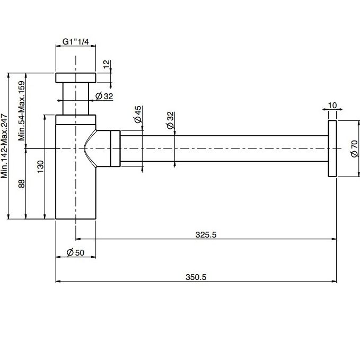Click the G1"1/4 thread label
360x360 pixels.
[x=75, y=41]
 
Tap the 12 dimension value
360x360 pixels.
[x=107, y=64]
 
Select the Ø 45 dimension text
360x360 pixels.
[x=137, y=115]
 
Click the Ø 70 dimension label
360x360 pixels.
[x=354, y=148]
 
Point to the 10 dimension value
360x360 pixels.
[x=332, y=106]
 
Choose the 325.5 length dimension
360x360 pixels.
[x=206, y=235]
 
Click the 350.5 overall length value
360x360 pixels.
[x=196, y=277]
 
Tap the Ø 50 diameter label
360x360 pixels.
[x=75, y=252]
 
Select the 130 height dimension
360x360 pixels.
[x=40, y=167]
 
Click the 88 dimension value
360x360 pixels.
[x=21, y=183]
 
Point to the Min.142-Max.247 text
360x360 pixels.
[x=4, y=146]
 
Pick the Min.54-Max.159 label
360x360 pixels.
[x=22, y=111]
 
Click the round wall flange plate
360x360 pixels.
[x=332, y=148]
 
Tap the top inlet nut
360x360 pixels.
[x=75, y=77]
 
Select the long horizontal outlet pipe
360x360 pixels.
[x=224, y=148]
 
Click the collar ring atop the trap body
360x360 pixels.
[x=75, y=120]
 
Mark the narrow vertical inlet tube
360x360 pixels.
[x=75, y=99]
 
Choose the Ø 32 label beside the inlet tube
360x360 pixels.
[x=104, y=96]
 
